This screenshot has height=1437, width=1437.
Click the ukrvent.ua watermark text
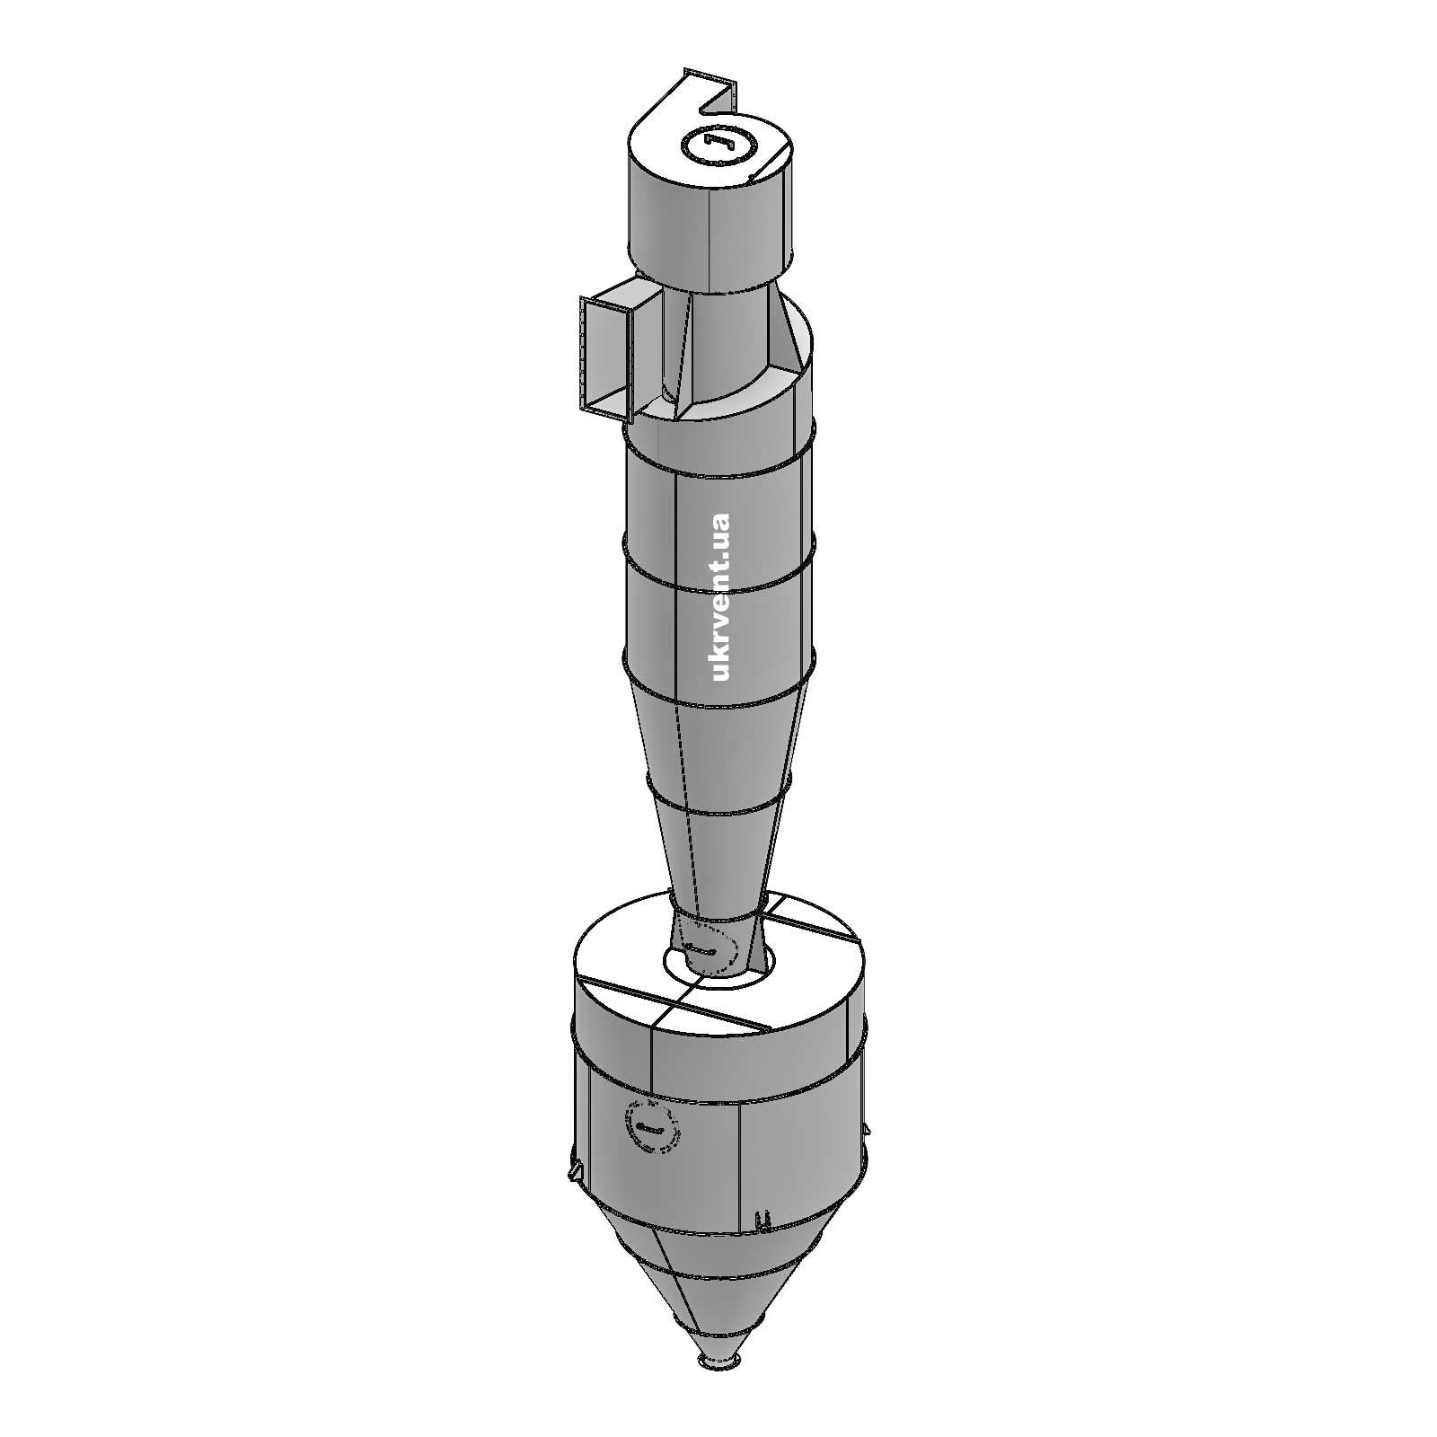point(720,596)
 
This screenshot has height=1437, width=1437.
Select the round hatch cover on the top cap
point(720,145)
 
